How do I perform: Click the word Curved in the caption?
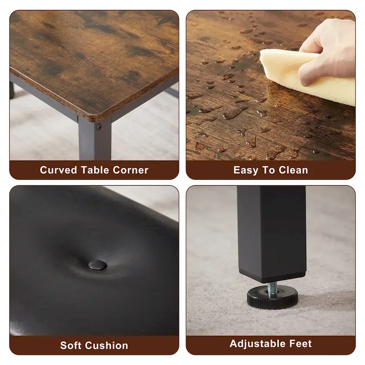[58, 170]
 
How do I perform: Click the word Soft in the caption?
[71, 345]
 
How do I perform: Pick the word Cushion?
[107, 345]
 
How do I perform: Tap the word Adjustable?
[257, 344]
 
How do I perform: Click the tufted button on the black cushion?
[97, 265]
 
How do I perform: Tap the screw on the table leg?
[99, 127]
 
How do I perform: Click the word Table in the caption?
[95, 170]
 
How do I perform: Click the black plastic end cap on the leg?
[272, 276]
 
